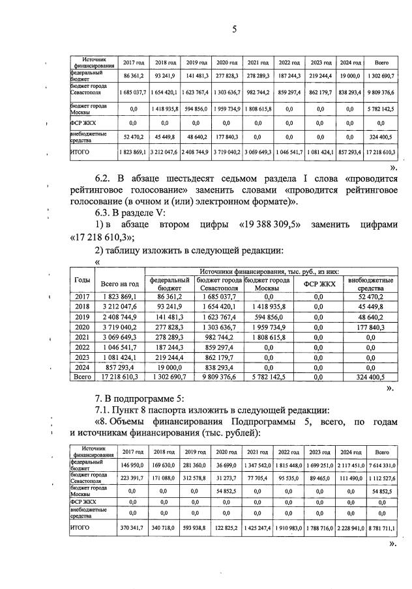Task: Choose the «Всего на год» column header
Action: (119, 284)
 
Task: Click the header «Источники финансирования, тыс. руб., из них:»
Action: (269, 271)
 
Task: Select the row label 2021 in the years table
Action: (83, 337)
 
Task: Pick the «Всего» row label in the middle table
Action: (83, 377)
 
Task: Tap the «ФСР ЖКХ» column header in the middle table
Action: (319, 284)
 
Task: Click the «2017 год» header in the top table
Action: (133, 62)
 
